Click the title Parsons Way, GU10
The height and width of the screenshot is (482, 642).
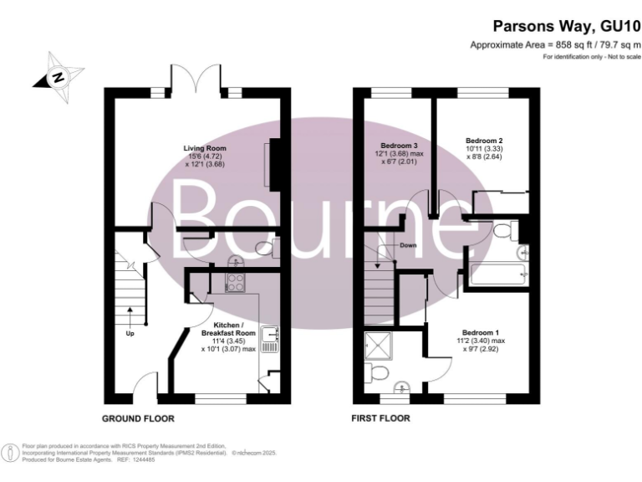click(568, 27)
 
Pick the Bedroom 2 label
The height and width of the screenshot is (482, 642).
click(483, 140)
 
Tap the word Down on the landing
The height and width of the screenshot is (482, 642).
click(409, 246)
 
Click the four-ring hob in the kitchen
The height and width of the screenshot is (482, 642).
click(234, 283)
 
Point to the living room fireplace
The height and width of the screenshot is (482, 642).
click(269, 162)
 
